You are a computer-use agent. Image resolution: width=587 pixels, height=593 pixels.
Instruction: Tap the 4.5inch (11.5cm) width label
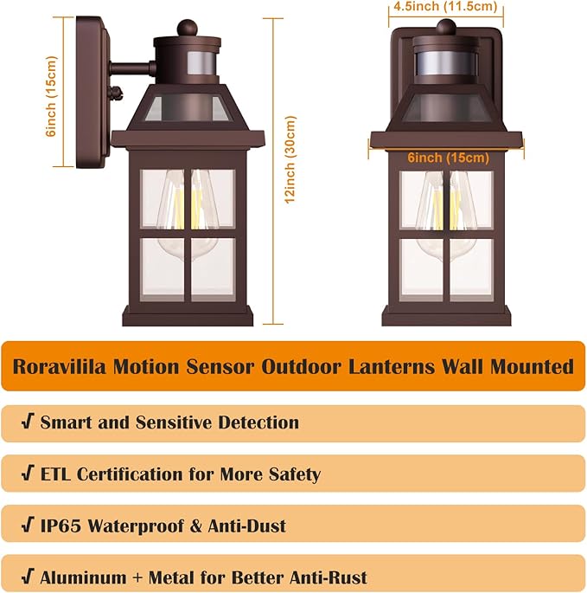(445, 7)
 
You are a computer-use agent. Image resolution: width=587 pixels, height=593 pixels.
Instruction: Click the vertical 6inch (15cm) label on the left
(51, 94)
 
